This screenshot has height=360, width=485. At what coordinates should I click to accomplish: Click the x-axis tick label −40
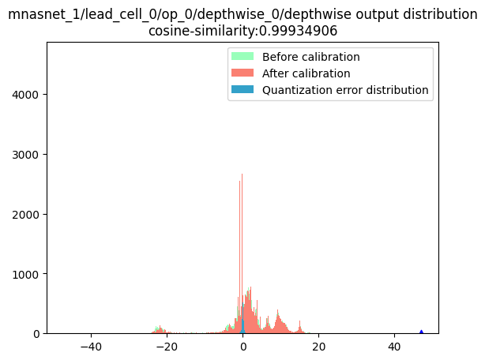pyautogui.click(x=91, y=347)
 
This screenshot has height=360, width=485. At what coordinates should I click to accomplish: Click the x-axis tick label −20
pyautogui.click(x=167, y=347)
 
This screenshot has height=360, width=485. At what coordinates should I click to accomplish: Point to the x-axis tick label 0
pyautogui.click(x=242, y=347)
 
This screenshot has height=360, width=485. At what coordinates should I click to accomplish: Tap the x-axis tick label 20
pyautogui.click(x=318, y=347)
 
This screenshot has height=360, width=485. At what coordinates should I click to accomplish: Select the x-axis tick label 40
pyautogui.click(x=393, y=347)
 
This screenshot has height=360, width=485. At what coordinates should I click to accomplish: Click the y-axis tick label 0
pyautogui.click(x=36, y=334)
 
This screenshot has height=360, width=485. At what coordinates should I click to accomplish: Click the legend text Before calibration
pyautogui.click(x=311, y=57)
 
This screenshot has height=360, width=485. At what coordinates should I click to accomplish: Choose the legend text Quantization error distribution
pyautogui.click(x=345, y=90)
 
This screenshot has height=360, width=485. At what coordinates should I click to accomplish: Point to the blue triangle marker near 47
pyautogui.click(x=421, y=332)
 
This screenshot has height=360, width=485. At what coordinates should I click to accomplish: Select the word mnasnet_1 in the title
pyautogui.click(x=37, y=15)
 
